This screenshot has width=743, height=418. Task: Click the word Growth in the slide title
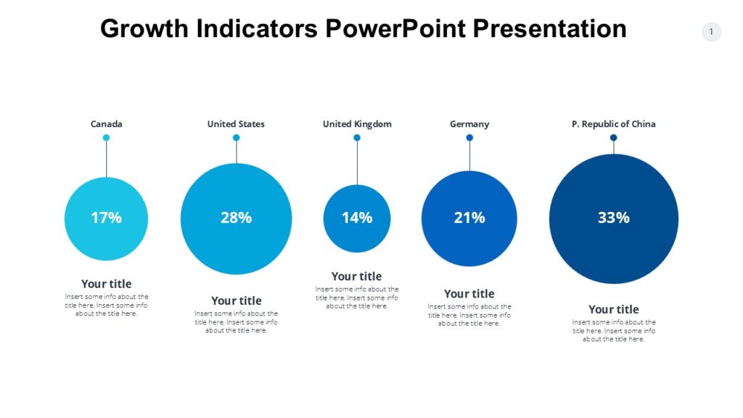144,28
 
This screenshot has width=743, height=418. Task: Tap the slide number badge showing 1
711,32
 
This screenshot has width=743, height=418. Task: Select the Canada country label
106,124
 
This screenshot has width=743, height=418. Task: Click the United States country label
236,124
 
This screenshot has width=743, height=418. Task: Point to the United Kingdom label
357,124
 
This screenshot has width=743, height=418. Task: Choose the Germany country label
469,124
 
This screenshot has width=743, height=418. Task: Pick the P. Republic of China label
613,124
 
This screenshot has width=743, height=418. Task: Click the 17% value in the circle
106,218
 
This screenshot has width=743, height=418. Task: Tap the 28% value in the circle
236,218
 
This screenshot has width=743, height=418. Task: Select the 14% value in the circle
357,218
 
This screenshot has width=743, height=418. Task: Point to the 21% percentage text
469,218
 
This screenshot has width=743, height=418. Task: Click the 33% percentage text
613,218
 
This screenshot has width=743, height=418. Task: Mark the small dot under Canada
106,138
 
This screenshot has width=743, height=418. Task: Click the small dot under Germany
469,138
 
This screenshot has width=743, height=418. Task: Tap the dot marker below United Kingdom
357,138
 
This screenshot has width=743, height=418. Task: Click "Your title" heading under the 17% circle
106,284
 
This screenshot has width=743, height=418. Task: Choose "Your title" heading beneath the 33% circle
613,309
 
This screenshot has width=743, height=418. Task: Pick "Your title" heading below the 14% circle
356,276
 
